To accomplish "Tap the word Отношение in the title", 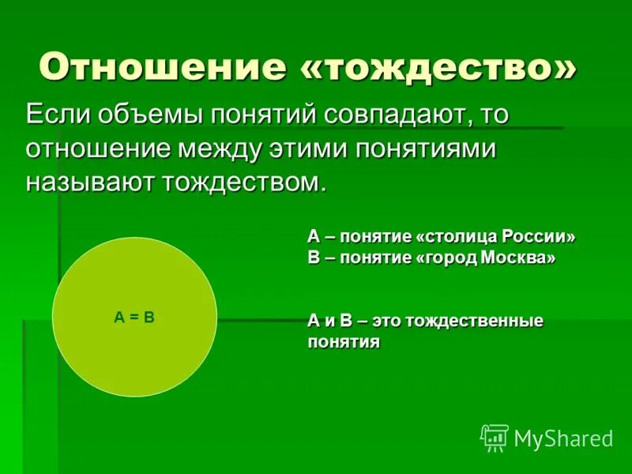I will tap(164, 68).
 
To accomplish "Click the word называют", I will tap(92, 182).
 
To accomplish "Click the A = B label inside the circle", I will tap(134, 317).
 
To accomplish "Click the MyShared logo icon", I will tap(495, 437).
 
